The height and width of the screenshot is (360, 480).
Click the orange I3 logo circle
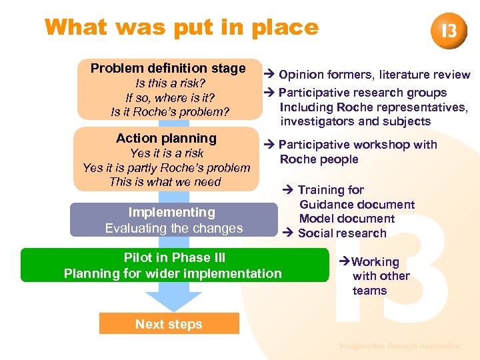[x=449, y=31]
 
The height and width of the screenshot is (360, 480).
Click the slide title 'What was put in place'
[x=181, y=27]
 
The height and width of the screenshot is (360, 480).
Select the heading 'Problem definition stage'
[x=168, y=69]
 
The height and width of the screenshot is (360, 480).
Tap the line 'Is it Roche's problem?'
[x=169, y=112]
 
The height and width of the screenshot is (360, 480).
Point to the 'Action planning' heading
[x=166, y=139]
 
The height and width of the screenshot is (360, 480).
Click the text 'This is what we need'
[x=165, y=182]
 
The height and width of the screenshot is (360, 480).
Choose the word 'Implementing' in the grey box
[x=172, y=213]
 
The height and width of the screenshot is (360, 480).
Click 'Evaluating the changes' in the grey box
[x=174, y=228]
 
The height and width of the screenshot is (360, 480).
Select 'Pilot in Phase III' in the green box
[x=175, y=258]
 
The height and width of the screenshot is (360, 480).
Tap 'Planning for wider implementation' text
[x=173, y=273]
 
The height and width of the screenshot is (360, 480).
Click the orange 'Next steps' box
[x=169, y=324]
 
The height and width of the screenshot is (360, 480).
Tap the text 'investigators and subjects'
[x=355, y=121]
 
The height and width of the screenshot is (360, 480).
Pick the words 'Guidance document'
[x=357, y=205]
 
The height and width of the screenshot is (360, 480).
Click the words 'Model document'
[x=347, y=219]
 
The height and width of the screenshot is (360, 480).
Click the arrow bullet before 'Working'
[x=345, y=262]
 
